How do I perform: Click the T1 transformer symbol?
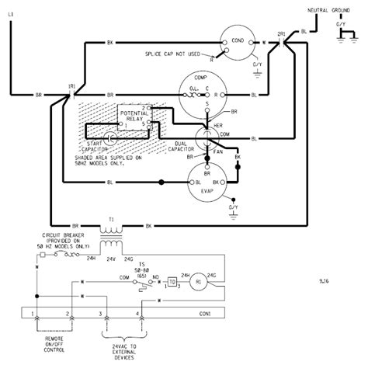click(x=111, y=230)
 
